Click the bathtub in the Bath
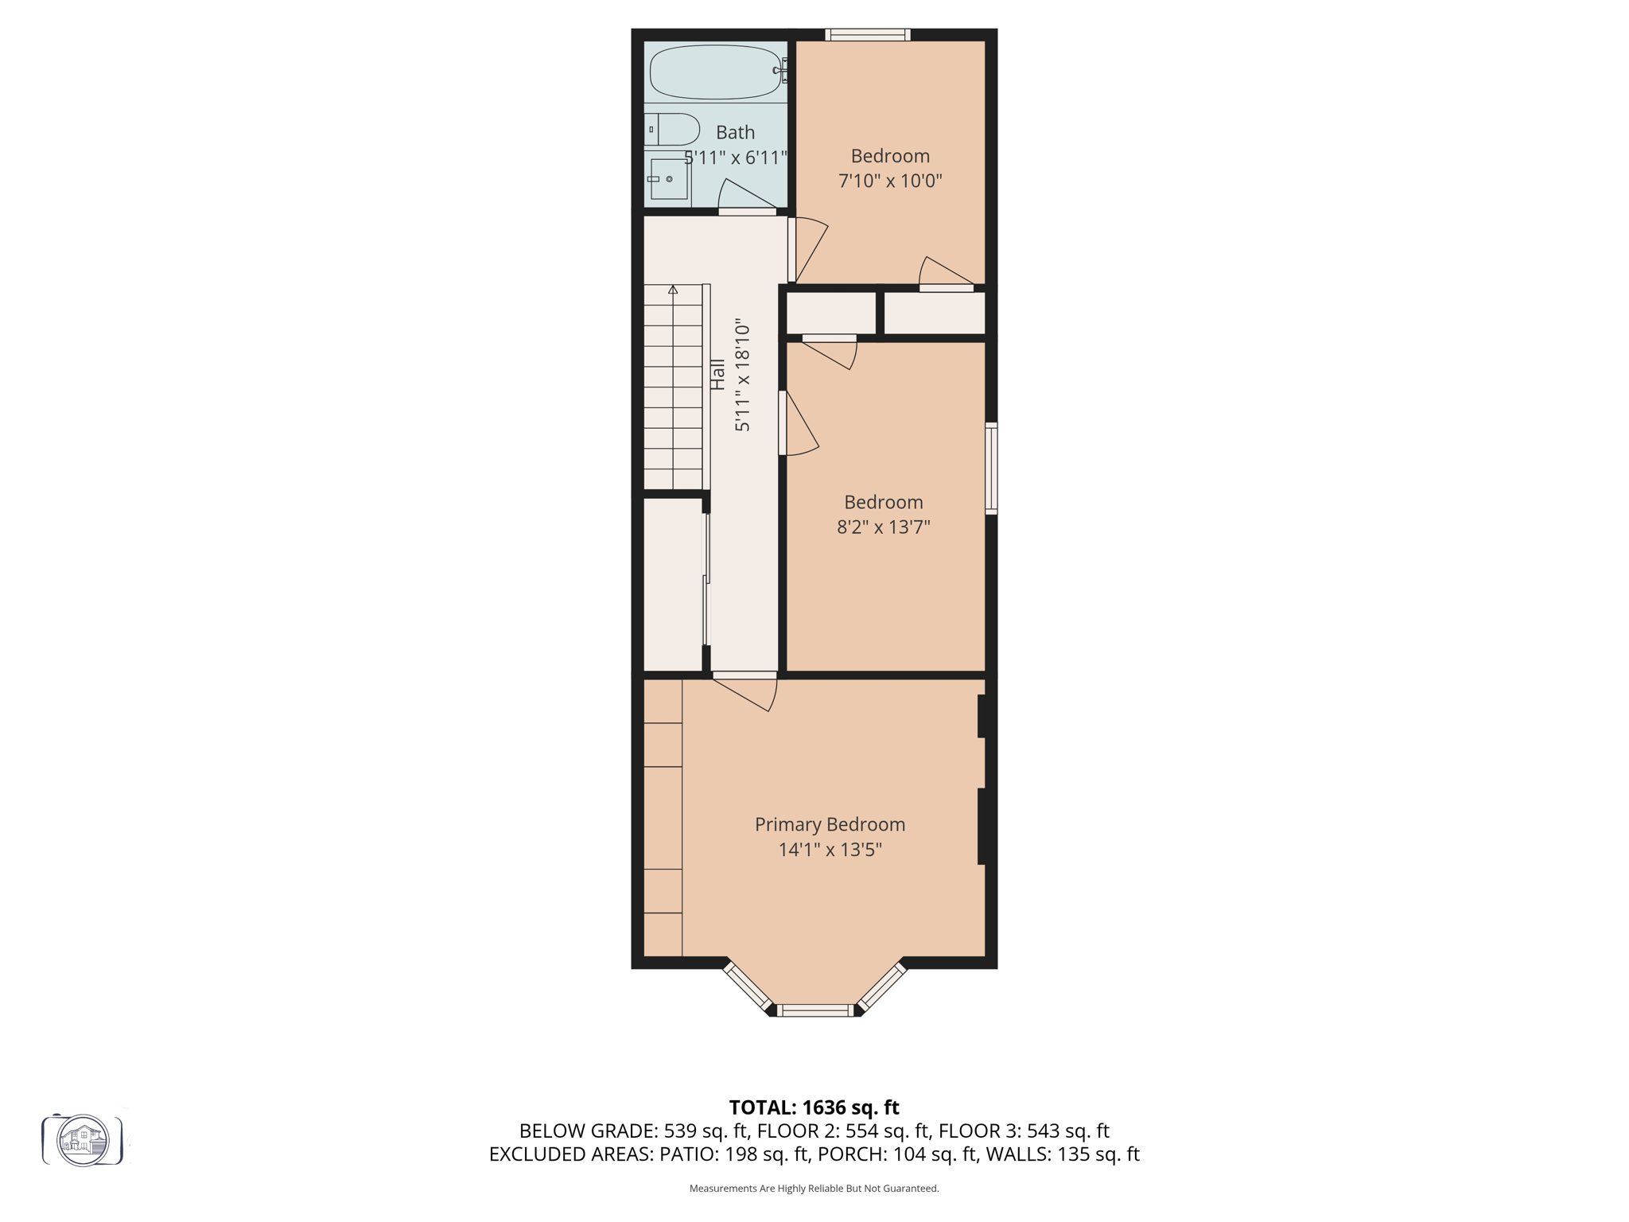[x=715, y=72]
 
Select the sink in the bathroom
[x=668, y=179]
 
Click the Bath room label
[x=735, y=132]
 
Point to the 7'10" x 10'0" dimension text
[x=890, y=181]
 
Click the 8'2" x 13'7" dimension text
[x=883, y=527]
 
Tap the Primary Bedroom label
[x=830, y=824]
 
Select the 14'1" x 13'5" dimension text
[x=830, y=850]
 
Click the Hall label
[x=717, y=375]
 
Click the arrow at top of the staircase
[x=673, y=290]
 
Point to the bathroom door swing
[x=746, y=196]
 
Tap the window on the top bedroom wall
[x=867, y=35]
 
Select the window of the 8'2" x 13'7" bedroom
[x=991, y=468]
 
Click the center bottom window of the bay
[x=814, y=1010]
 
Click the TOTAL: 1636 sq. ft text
[x=814, y=1107]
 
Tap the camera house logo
[x=83, y=1140]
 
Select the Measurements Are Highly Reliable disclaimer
[x=814, y=1189]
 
